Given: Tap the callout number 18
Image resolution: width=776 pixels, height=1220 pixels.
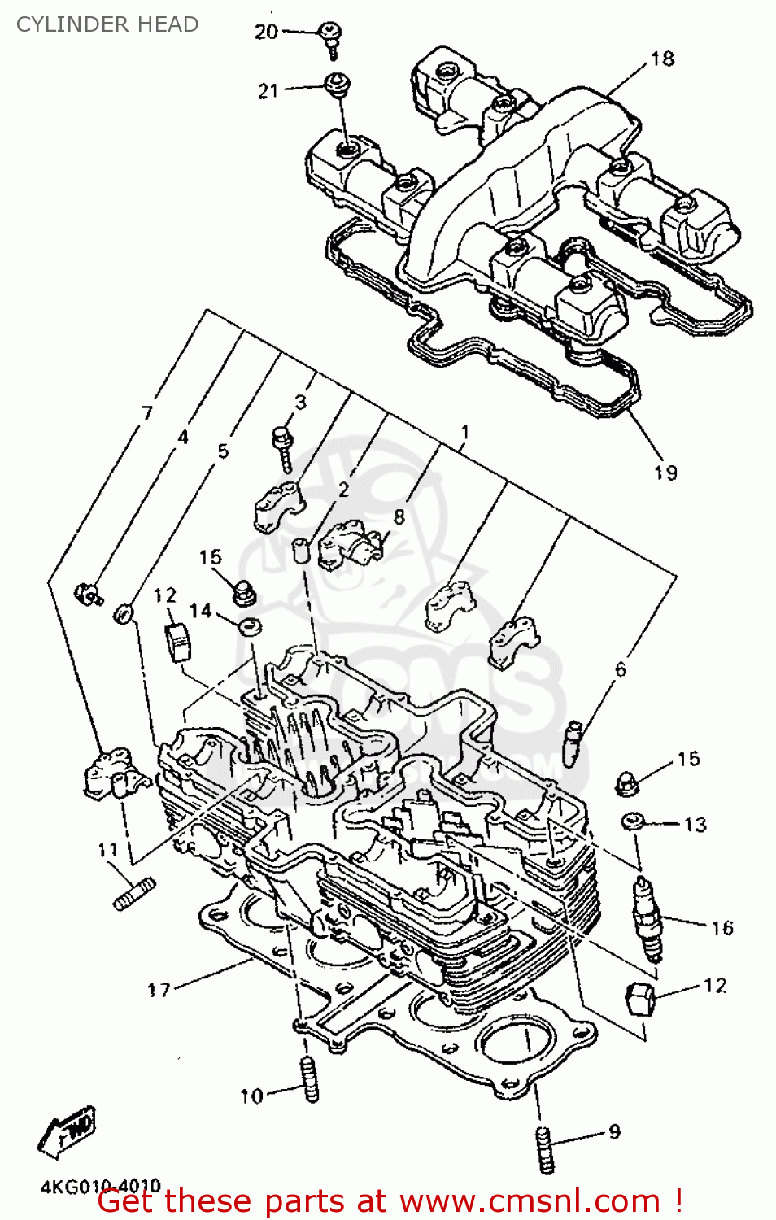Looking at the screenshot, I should (x=662, y=59).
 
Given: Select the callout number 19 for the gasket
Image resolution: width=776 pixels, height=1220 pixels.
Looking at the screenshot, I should (x=665, y=473).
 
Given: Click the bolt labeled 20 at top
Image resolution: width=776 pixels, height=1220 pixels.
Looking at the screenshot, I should (x=330, y=37).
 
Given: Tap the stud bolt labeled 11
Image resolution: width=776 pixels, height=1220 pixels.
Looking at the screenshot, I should (x=134, y=894).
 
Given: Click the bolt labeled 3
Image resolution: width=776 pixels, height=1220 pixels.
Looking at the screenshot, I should (x=282, y=447).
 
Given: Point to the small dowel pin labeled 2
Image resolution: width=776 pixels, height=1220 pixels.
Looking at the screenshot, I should (x=300, y=550).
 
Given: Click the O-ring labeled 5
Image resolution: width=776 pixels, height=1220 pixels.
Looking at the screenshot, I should (x=123, y=613).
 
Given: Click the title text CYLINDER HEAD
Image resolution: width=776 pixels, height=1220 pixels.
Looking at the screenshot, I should (x=107, y=24).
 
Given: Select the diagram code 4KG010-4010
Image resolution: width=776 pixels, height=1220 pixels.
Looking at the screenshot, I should (x=101, y=1187).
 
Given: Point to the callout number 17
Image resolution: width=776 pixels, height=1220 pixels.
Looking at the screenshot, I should (x=159, y=990).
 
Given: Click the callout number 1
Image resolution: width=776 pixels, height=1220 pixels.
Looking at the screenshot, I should (x=464, y=431).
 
